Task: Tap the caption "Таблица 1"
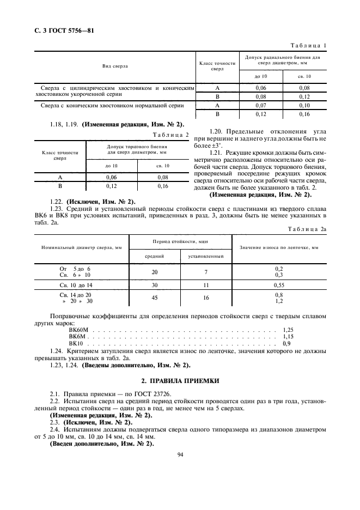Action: (308, 46)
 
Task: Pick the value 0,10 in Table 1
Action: (305, 105)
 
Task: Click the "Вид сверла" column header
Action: (115, 66)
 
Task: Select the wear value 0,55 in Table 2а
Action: (279, 285)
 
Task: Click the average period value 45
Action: (154, 298)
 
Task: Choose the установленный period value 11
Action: (206, 285)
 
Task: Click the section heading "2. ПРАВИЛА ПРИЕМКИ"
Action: (180, 380)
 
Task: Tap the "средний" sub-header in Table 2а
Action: (154, 255)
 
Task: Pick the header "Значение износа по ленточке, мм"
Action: (279, 247)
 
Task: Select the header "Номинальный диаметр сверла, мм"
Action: (82, 247)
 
